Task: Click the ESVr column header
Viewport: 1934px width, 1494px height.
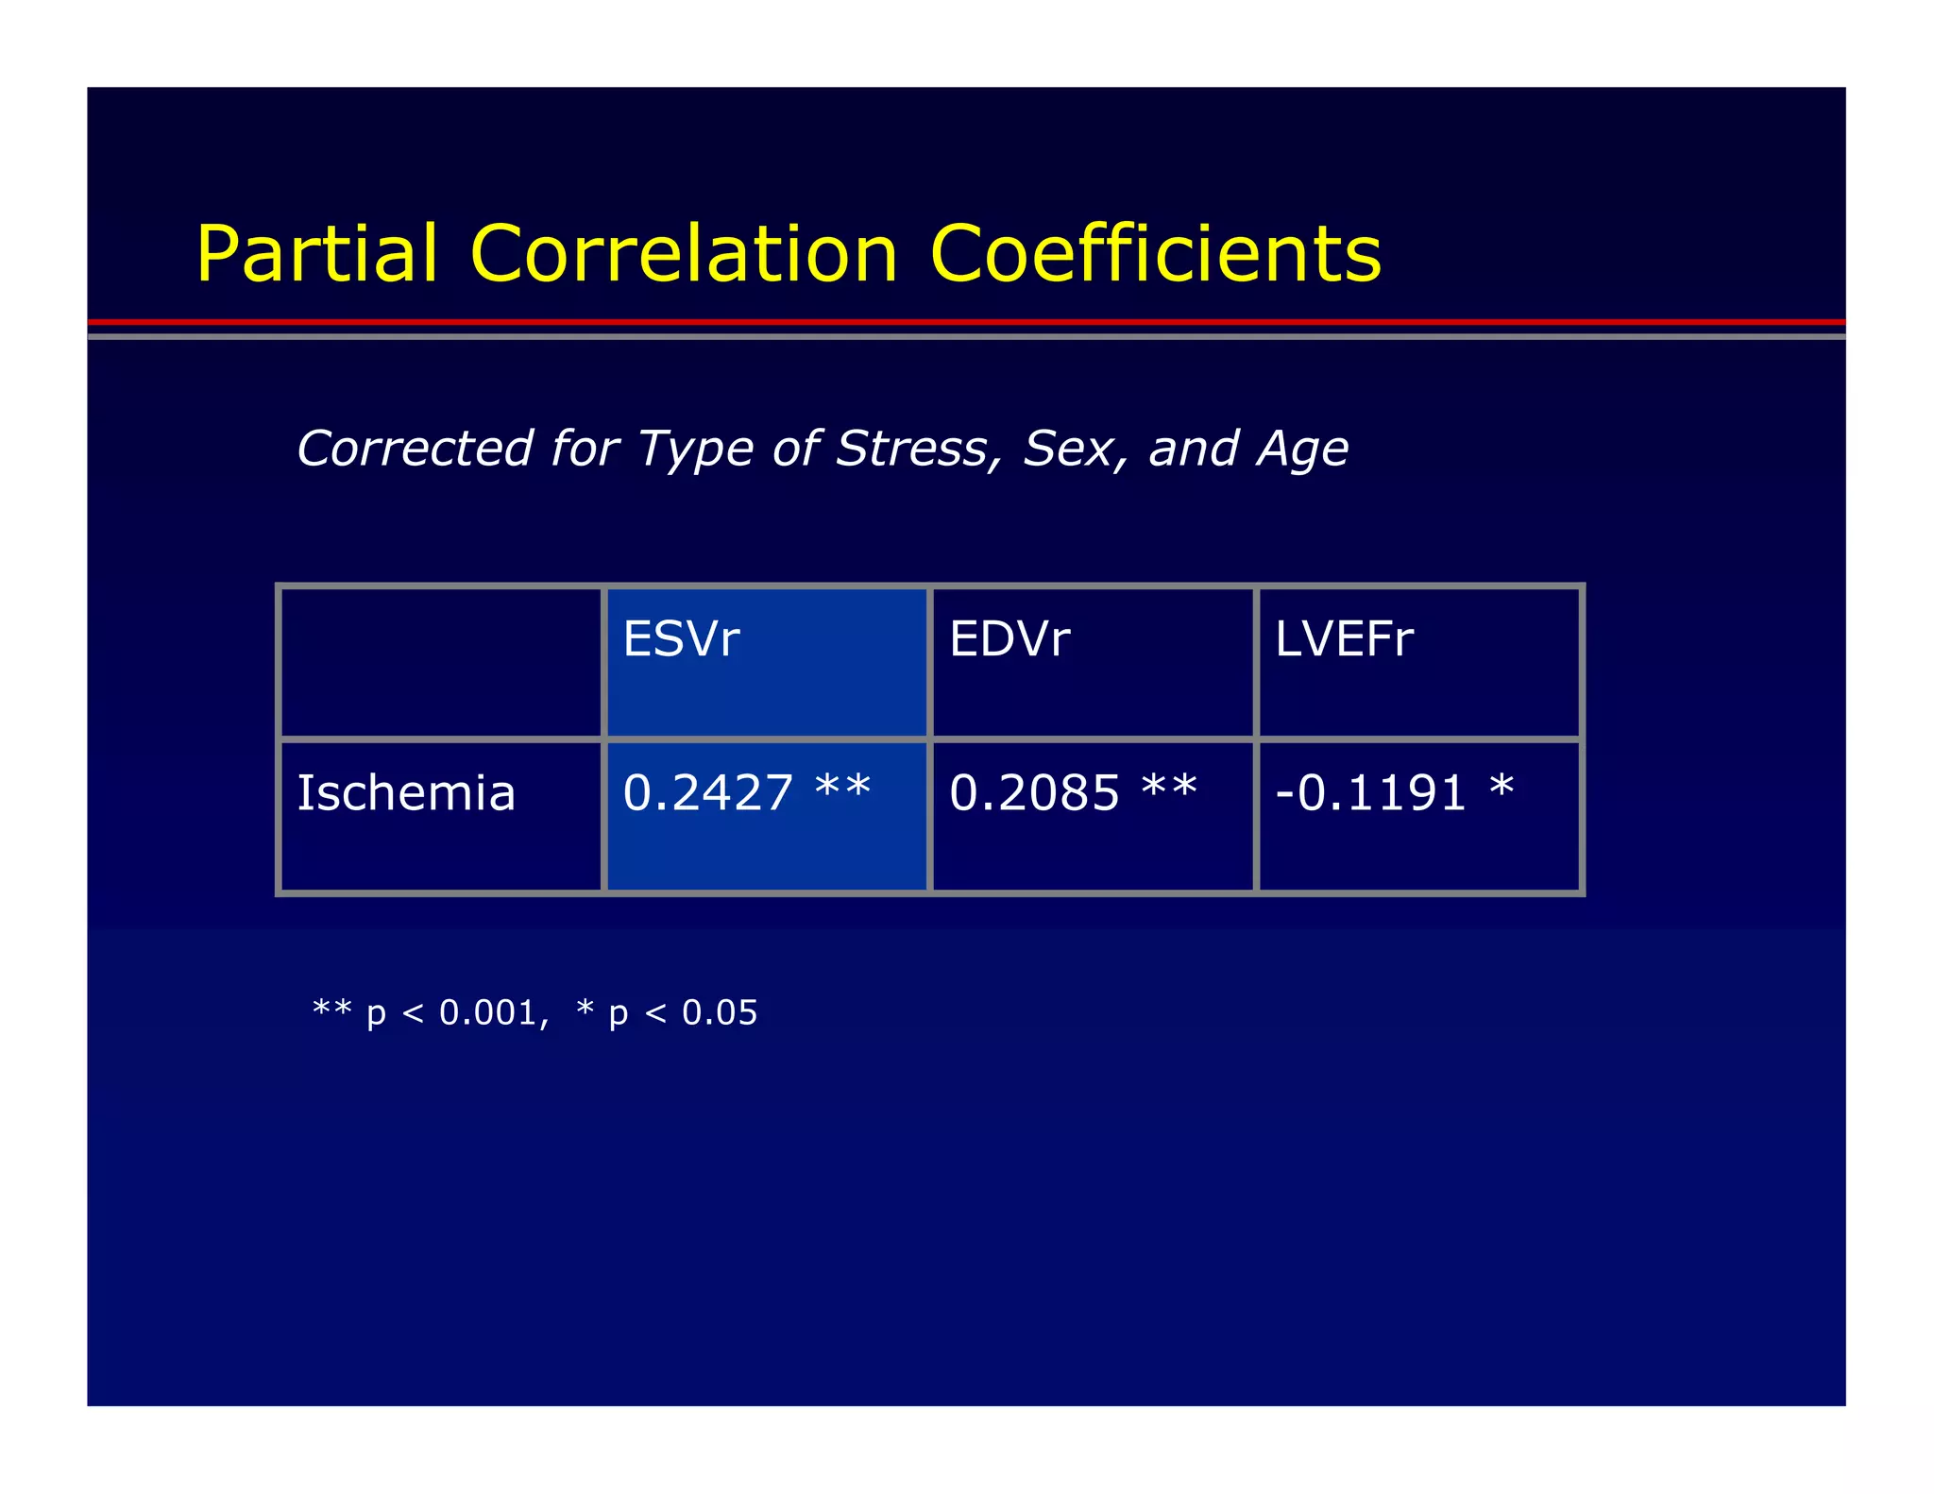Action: pyautogui.click(x=681, y=639)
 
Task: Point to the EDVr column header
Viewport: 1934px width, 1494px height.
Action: pyautogui.click(x=1009, y=639)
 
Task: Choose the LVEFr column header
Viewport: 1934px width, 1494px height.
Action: pyautogui.click(x=1344, y=639)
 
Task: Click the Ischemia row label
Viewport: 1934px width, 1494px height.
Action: pyautogui.click(x=406, y=792)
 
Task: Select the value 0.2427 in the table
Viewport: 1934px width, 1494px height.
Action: pyautogui.click(x=707, y=792)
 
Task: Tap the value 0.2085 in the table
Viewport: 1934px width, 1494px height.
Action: pyautogui.click(x=1034, y=792)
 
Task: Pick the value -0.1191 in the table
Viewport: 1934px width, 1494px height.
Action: pyautogui.click(x=1369, y=792)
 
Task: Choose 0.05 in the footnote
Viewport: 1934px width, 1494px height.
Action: pyautogui.click(x=720, y=1012)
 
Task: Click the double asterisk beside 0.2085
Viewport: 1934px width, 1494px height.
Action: pyautogui.click(x=1169, y=786)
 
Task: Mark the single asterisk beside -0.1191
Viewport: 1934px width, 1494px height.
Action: pyautogui.click(x=1501, y=786)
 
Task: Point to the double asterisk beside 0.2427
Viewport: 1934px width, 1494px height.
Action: pyautogui.click(x=842, y=786)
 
